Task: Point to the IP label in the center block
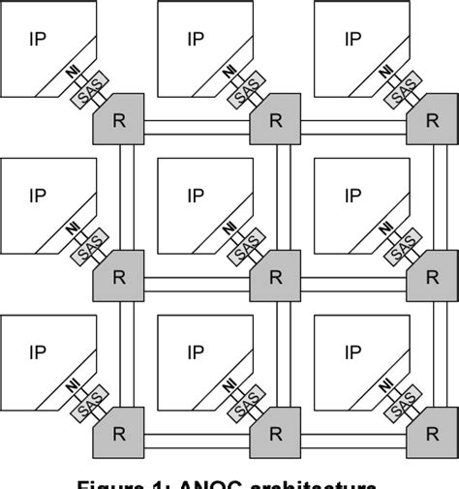[x=195, y=197]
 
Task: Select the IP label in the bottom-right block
[x=352, y=352]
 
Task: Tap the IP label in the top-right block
[x=352, y=39]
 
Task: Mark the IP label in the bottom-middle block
[x=195, y=352]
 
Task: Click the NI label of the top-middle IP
[x=229, y=73]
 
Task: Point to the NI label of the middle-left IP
[x=73, y=229]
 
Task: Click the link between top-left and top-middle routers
[x=197, y=125]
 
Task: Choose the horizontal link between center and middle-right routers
[x=353, y=282]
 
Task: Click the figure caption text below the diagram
[x=229, y=481]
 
